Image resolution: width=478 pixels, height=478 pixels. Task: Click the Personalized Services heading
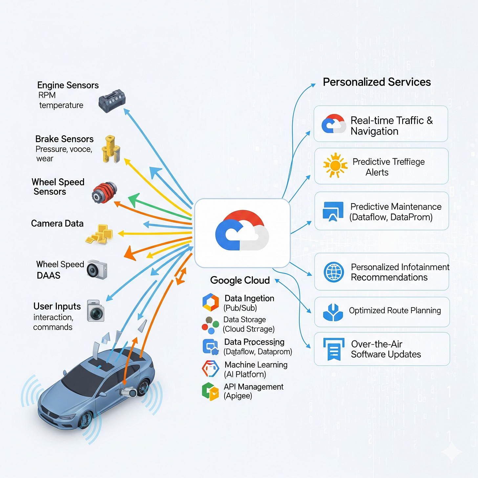pyautogui.click(x=377, y=82)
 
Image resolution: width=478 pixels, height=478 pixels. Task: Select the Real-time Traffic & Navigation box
pyautogui.click(x=381, y=124)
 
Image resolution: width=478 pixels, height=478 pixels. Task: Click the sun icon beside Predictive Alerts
pyautogui.click(x=335, y=165)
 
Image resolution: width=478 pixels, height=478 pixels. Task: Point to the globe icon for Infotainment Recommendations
pyautogui.click(x=334, y=272)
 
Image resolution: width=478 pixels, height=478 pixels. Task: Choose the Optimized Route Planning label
pyautogui.click(x=395, y=311)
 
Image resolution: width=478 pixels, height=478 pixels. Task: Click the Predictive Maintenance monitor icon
pyautogui.click(x=333, y=211)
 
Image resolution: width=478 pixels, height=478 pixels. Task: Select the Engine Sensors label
pyautogui.click(x=68, y=85)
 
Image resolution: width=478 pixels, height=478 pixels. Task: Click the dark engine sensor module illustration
pyautogui.click(x=112, y=100)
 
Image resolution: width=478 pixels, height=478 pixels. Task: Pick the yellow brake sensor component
pyautogui.click(x=111, y=149)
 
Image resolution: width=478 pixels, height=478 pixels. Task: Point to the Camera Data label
pyautogui.click(x=57, y=224)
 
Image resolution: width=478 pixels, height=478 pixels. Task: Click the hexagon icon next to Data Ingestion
pyautogui.click(x=210, y=302)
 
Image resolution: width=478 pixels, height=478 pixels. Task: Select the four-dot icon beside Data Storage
pyautogui.click(x=210, y=325)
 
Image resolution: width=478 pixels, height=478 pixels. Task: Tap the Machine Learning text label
pyautogui.click(x=256, y=365)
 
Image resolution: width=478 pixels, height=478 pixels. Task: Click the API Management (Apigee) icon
pyautogui.click(x=210, y=391)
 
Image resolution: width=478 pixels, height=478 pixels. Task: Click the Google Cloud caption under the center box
pyautogui.click(x=240, y=280)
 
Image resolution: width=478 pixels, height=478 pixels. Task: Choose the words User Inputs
pyautogui.click(x=57, y=306)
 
